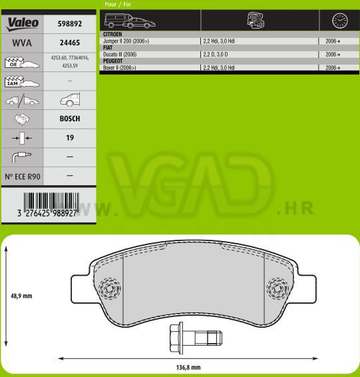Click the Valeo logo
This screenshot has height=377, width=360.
(x=23, y=24)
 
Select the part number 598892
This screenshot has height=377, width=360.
(x=70, y=23)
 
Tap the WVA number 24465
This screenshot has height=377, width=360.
(x=70, y=43)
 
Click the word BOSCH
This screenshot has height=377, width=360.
(x=70, y=119)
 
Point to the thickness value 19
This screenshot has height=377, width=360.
(x=70, y=138)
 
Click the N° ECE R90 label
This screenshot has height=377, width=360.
(x=23, y=177)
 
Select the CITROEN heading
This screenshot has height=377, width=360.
(x=112, y=35)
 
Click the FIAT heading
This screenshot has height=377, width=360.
(x=108, y=47)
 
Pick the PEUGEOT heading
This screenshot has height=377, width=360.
(x=112, y=61)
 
